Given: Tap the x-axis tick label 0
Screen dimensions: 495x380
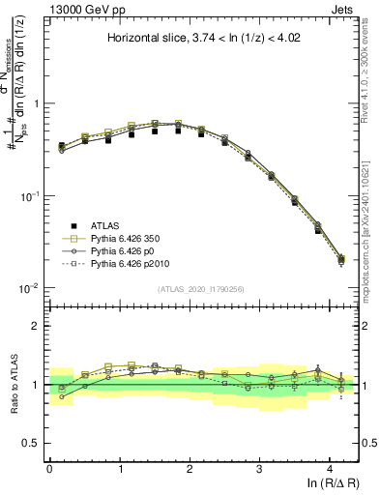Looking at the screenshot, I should (x=49, y=469).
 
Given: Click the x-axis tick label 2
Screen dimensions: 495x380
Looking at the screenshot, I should (x=190, y=469).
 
